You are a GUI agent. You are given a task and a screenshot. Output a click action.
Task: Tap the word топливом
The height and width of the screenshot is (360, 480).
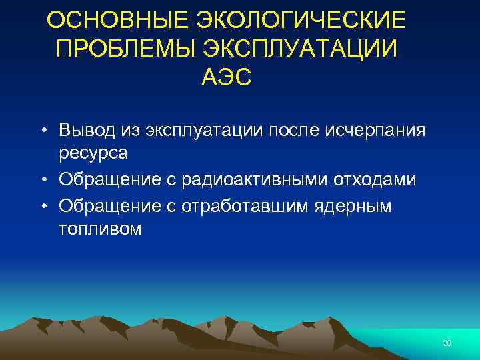click(x=100, y=229)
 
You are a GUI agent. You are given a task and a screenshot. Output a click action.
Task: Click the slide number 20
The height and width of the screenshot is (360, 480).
click(x=447, y=343)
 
